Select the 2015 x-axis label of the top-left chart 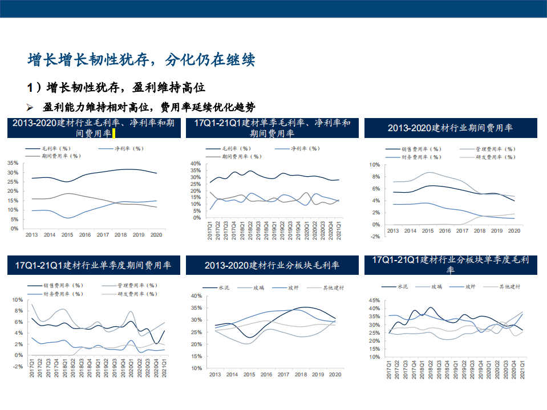[x=67, y=234]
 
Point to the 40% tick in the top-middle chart [x=196, y=164]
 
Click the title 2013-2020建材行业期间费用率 [x=450, y=128]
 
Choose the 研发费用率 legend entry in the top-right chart [x=503, y=156]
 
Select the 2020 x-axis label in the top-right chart [x=515, y=230]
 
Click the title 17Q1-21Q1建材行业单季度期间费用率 [x=94, y=265]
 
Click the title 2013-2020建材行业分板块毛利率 [x=272, y=266]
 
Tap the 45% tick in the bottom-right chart [x=374, y=300]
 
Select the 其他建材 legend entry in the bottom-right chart [x=509, y=287]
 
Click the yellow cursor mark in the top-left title [x=114, y=134]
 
